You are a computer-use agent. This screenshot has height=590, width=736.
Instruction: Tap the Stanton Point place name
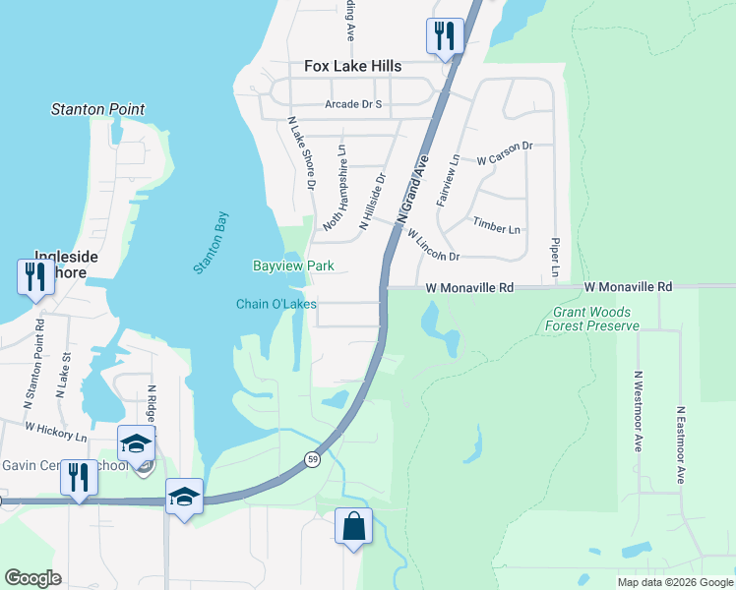[98, 109]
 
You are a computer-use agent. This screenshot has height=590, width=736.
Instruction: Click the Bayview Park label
[293, 265]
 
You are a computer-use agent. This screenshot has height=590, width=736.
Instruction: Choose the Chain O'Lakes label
[276, 304]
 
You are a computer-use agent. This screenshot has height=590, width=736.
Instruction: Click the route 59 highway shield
[312, 459]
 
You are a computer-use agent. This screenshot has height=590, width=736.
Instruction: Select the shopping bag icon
[353, 525]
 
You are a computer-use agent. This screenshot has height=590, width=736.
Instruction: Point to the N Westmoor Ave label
[639, 411]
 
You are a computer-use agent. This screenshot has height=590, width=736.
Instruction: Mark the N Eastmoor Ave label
[680, 444]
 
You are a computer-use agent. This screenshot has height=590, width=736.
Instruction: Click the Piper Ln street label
[556, 256]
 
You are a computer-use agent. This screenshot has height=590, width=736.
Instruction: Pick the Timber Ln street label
[496, 227]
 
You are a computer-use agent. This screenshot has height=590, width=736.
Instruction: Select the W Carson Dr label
[504, 152]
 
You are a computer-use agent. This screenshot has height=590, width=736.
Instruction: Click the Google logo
[32, 578]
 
